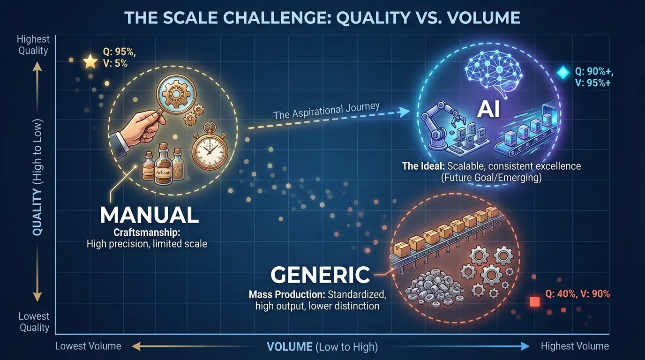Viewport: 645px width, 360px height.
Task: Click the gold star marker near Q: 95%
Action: pos(90,61)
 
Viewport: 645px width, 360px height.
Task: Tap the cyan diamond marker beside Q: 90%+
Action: pos(562,72)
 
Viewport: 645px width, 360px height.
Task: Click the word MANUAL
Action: pos(150,215)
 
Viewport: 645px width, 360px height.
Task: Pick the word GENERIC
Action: pos(321,275)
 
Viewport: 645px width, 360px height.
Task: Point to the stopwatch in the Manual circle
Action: pos(210,152)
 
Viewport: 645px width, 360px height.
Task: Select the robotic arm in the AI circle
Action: pos(438,126)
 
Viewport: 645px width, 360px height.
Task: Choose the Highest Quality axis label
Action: pos(33,45)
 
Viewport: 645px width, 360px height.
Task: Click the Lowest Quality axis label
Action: pos(34,322)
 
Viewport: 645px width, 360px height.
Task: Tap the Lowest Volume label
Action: pos(88,346)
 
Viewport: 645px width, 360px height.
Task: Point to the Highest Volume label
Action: pos(575,346)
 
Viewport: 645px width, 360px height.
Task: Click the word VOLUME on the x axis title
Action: pos(289,347)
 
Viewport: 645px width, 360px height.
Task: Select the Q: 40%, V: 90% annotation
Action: pos(577,294)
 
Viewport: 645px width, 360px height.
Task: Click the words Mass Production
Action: pos(286,295)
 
